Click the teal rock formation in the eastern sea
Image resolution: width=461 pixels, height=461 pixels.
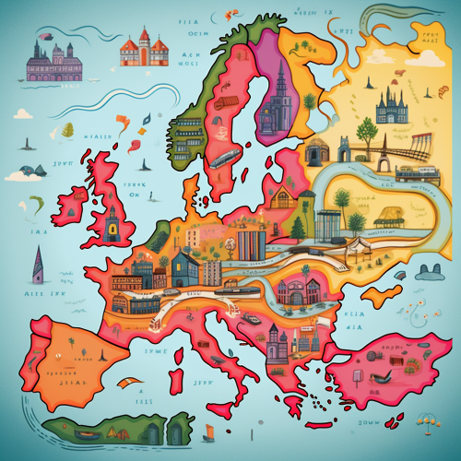click(428, 271)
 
